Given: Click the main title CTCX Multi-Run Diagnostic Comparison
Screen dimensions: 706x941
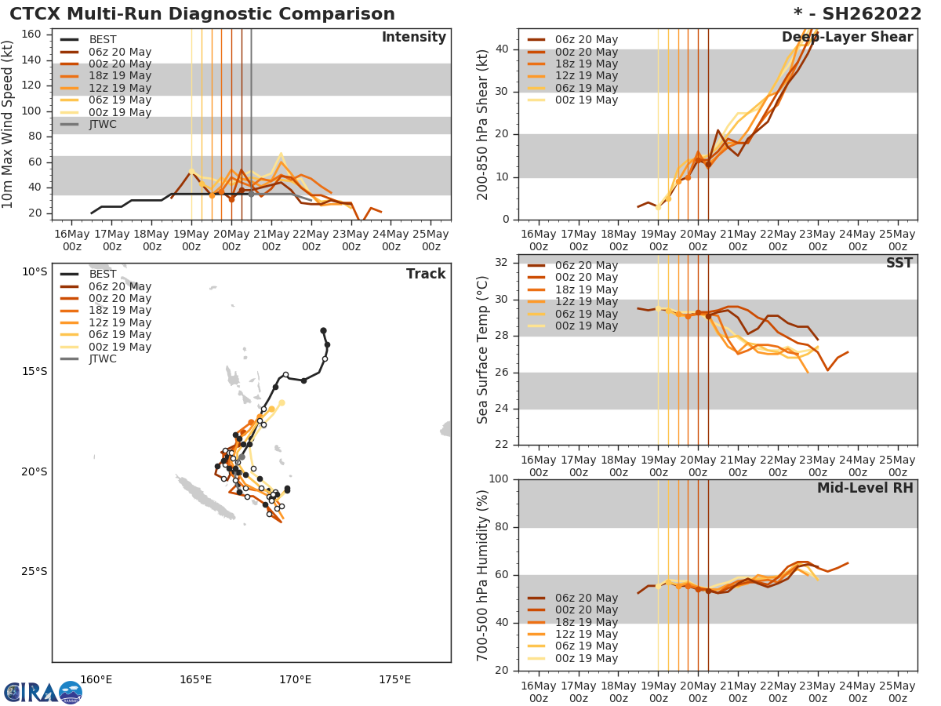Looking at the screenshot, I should tap(202, 14).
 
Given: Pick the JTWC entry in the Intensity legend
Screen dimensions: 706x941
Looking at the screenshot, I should tap(102, 124).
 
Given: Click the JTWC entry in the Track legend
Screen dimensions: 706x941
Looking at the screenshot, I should tap(102, 358).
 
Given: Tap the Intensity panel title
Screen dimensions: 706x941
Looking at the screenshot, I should tap(413, 38).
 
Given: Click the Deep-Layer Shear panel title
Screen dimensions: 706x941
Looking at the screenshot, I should tap(847, 38).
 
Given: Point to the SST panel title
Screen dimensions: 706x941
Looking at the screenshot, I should tap(899, 264).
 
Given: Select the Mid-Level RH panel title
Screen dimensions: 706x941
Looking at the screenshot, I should tap(864, 488).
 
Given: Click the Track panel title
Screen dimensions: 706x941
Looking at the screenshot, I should tap(425, 274).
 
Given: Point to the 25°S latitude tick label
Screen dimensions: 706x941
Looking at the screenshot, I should tap(35, 571).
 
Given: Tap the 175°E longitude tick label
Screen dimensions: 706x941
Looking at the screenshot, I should tap(394, 679).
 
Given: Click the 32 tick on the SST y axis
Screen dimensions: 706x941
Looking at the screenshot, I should tap(502, 263).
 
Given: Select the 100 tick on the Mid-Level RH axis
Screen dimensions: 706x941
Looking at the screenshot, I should tap(499, 479).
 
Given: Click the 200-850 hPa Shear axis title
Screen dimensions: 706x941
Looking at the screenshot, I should tap(483, 124).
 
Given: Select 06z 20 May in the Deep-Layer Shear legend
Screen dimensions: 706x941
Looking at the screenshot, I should tap(586, 40).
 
